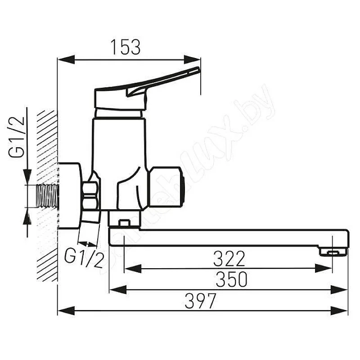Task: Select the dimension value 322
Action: (229, 259)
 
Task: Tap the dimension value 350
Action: (231, 280)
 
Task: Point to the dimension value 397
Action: (200, 301)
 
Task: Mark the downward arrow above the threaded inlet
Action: (27, 175)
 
